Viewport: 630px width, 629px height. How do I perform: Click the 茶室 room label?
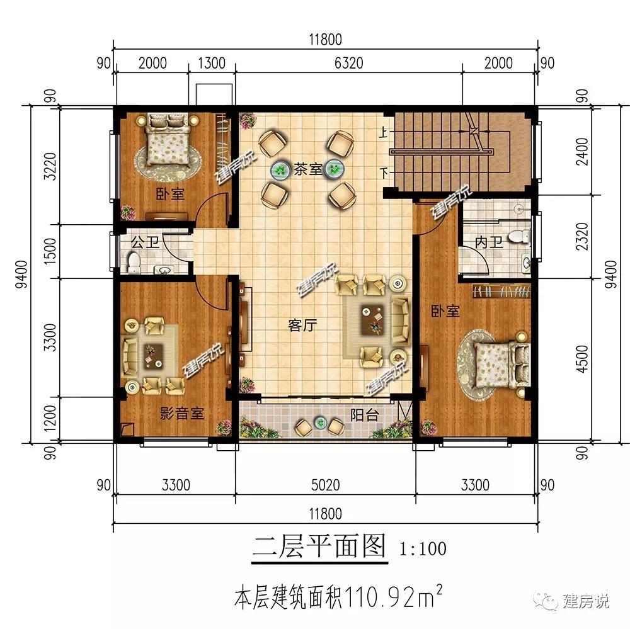tap(308, 169)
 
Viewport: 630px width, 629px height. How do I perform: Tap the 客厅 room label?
tap(302, 325)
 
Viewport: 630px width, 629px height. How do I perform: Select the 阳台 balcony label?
tap(364, 414)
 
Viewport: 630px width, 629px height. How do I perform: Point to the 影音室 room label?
tap(182, 413)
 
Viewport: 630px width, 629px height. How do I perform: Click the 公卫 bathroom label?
tap(145, 242)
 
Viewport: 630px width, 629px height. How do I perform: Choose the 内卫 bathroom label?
tap(489, 242)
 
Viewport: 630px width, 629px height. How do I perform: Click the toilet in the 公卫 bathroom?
tap(134, 262)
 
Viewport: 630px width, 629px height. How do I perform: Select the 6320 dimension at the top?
tap(349, 63)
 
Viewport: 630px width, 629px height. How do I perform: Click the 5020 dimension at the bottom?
tap(326, 485)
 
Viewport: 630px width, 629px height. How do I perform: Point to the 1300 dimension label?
tap(212, 63)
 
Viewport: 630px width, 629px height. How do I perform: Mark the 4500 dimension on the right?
tap(581, 359)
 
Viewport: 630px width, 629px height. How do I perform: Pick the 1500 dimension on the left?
tap(50, 251)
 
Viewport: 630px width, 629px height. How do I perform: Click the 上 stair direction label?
tap(384, 132)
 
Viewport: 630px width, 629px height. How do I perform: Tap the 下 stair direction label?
tap(384, 173)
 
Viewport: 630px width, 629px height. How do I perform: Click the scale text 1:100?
tap(423, 548)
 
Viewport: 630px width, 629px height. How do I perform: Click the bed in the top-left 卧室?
tap(167, 139)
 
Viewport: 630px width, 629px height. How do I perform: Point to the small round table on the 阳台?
tap(320, 422)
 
